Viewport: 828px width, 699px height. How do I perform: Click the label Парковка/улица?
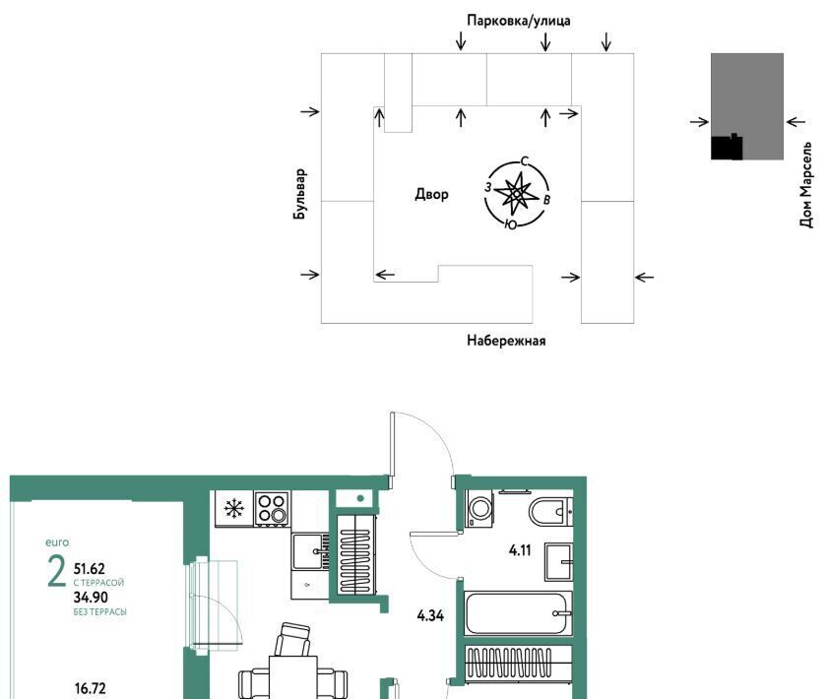[518, 21]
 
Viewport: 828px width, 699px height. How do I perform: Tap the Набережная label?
[506, 341]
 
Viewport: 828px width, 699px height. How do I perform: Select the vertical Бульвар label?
[299, 194]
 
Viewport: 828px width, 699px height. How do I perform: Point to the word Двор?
[431, 194]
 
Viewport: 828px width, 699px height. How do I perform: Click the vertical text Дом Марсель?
[805, 184]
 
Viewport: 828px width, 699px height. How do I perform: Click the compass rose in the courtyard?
[517, 194]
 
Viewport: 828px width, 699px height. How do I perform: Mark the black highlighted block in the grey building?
[727, 147]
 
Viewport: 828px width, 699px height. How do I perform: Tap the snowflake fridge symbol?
[233, 508]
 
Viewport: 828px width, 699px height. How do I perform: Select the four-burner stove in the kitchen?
[272, 508]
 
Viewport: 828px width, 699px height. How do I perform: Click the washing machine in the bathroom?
[479, 508]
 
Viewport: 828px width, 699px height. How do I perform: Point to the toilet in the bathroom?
[550, 511]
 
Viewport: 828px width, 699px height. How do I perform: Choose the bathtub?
[518, 613]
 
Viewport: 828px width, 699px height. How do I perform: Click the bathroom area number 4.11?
[520, 550]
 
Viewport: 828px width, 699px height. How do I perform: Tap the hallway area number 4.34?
[430, 615]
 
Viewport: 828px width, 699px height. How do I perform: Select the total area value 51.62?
[90, 569]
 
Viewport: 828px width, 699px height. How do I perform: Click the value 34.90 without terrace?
[91, 598]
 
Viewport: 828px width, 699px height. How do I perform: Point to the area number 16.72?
[90, 688]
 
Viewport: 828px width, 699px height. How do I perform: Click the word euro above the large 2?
[57, 542]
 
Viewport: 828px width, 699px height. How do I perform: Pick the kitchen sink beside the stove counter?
[308, 551]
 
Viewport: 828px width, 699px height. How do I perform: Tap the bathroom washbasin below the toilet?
[559, 561]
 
